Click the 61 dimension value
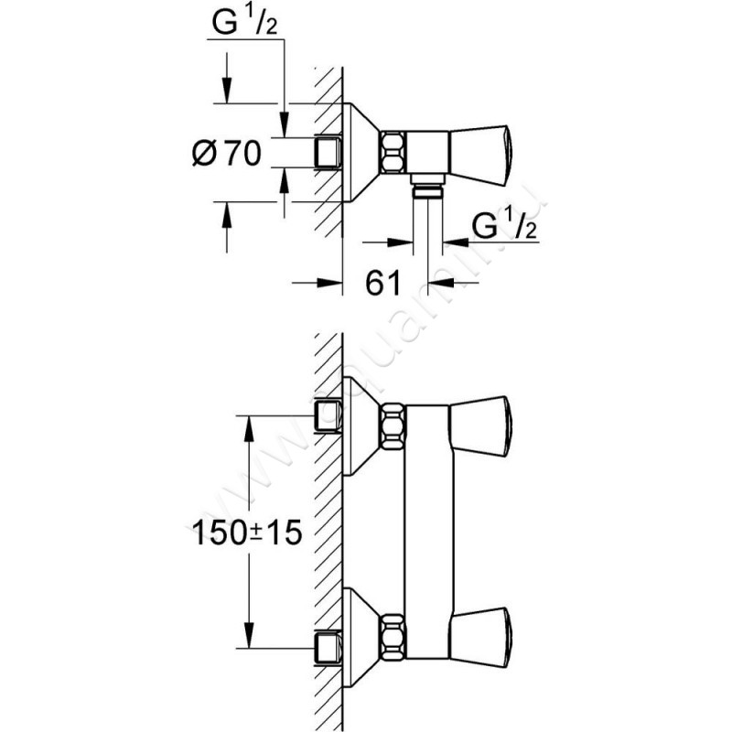click(x=384, y=284)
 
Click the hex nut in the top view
click(x=393, y=152)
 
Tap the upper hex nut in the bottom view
click(x=393, y=426)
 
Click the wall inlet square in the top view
click(x=328, y=152)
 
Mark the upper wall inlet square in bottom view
click(x=328, y=417)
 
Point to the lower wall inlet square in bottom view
click(x=328, y=646)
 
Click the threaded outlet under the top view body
click(x=425, y=188)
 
